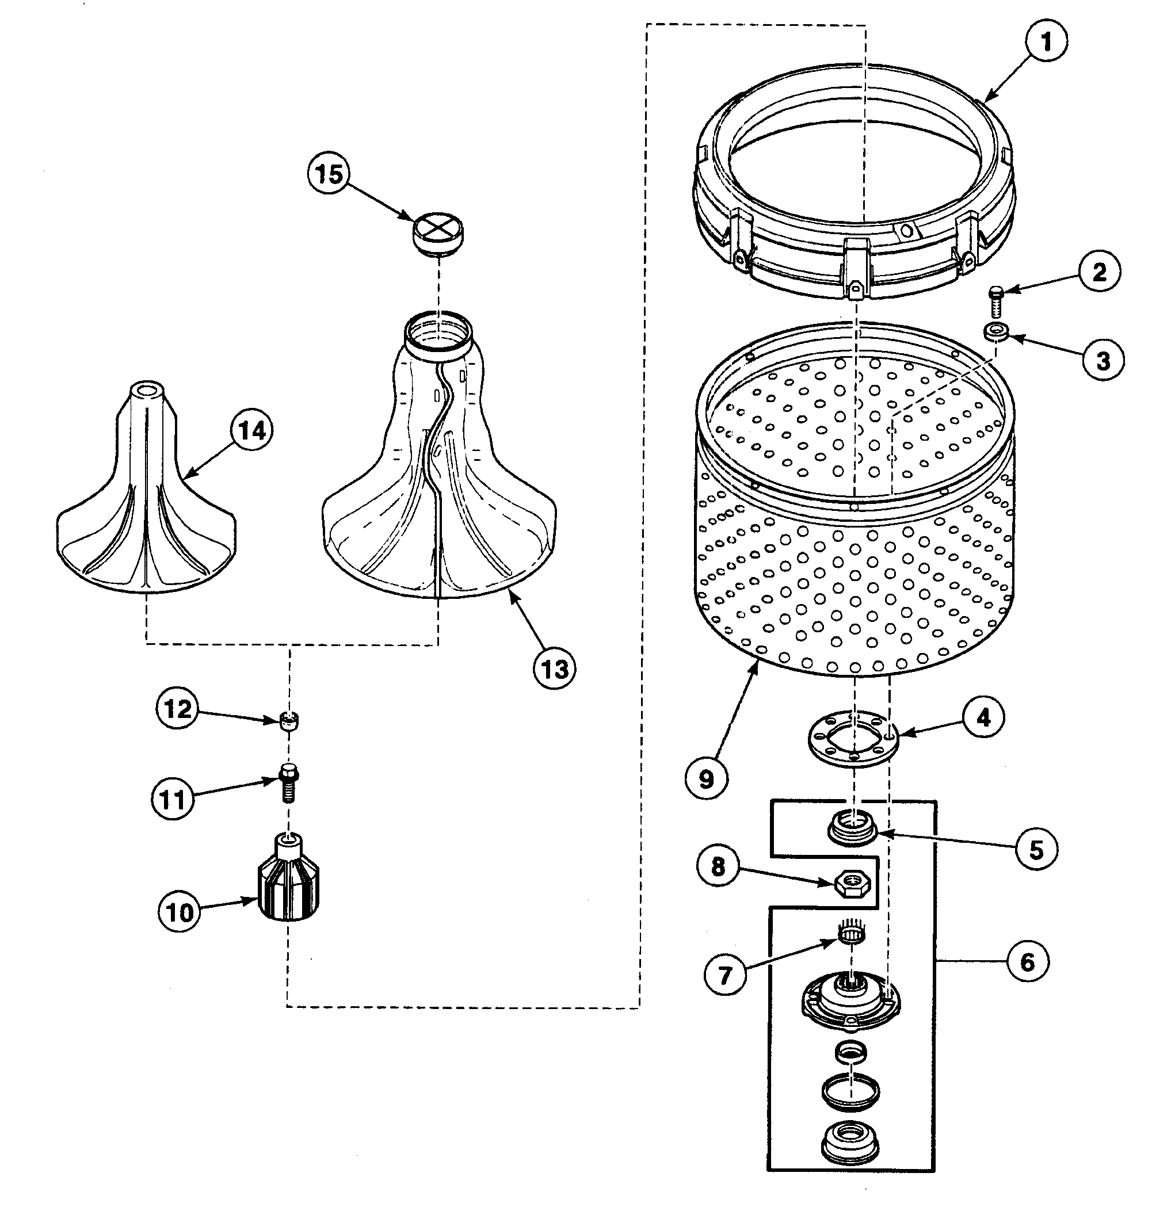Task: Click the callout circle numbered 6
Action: click(x=1028, y=962)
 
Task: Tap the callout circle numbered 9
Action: click(x=706, y=778)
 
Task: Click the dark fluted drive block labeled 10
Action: click(x=288, y=881)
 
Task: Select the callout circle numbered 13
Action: click(x=554, y=668)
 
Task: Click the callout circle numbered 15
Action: click(x=329, y=174)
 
